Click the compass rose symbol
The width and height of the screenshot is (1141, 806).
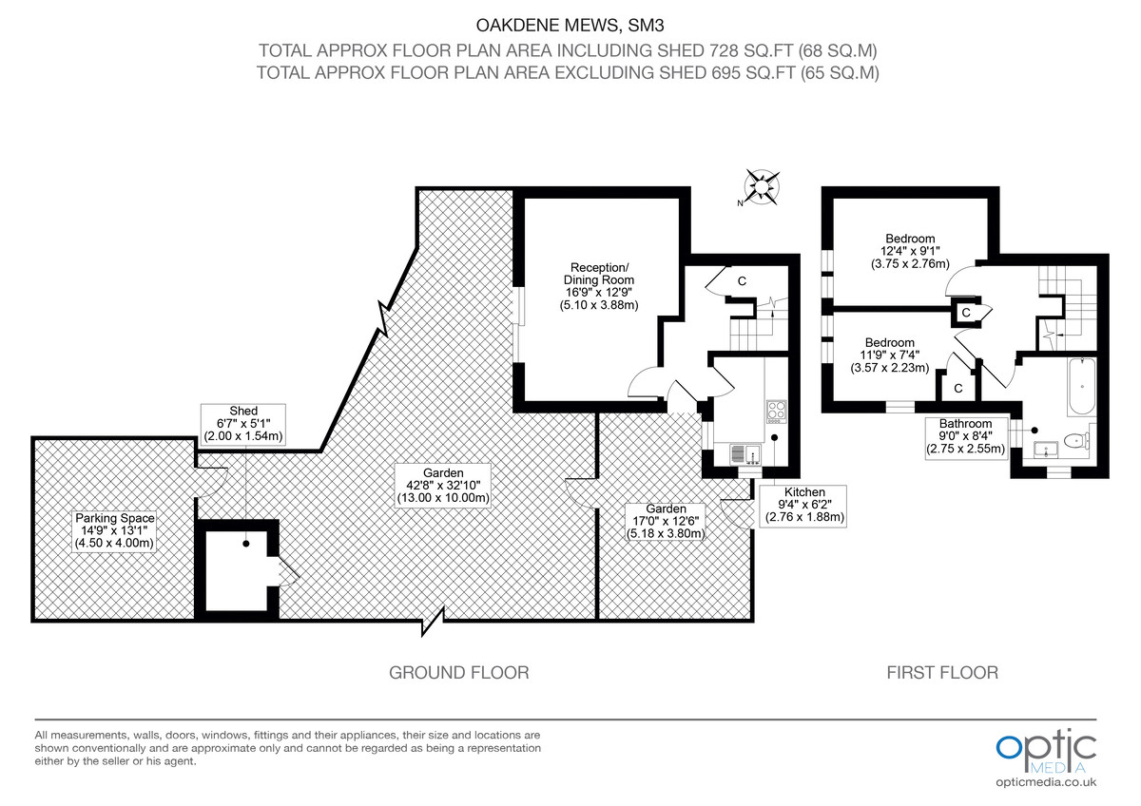tap(763, 186)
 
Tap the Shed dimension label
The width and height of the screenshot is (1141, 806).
tap(243, 424)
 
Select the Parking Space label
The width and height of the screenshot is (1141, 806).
tap(114, 530)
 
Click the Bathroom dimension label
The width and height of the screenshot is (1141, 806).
tap(965, 436)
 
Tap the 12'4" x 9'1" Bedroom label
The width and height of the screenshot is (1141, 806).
tap(910, 251)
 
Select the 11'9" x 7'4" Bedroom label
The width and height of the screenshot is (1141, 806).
tap(889, 355)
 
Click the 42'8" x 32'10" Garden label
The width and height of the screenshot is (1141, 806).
tap(443, 485)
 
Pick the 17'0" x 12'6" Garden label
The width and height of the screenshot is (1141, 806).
tap(665, 521)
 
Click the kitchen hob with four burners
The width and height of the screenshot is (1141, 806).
tap(775, 411)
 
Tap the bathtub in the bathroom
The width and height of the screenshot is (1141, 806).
tap(1082, 388)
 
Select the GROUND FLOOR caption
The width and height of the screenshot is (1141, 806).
tap(458, 673)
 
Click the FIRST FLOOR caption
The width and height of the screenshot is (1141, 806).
tap(942, 673)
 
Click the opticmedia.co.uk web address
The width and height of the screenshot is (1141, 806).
tap(1046, 781)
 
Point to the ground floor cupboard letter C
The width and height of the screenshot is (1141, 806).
tap(742, 280)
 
